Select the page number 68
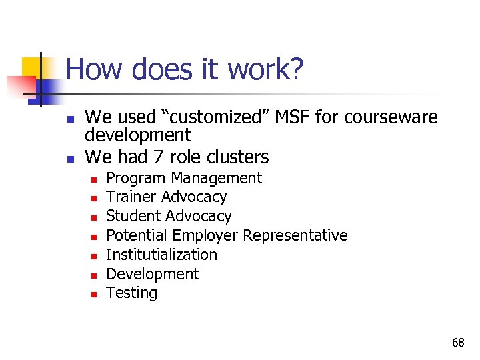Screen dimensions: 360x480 pos(458,343)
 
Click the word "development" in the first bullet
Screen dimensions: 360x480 pos(138,135)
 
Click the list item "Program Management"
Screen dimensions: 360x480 pos(184,178)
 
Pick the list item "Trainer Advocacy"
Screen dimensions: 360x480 pos(167,197)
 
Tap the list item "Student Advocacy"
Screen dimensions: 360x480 pos(169,216)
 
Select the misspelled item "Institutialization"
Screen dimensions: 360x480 pos(161,255)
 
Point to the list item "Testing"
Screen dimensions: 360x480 pos(132,293)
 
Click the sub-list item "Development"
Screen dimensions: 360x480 pos(153,274)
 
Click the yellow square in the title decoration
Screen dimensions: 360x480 pos(31,67)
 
